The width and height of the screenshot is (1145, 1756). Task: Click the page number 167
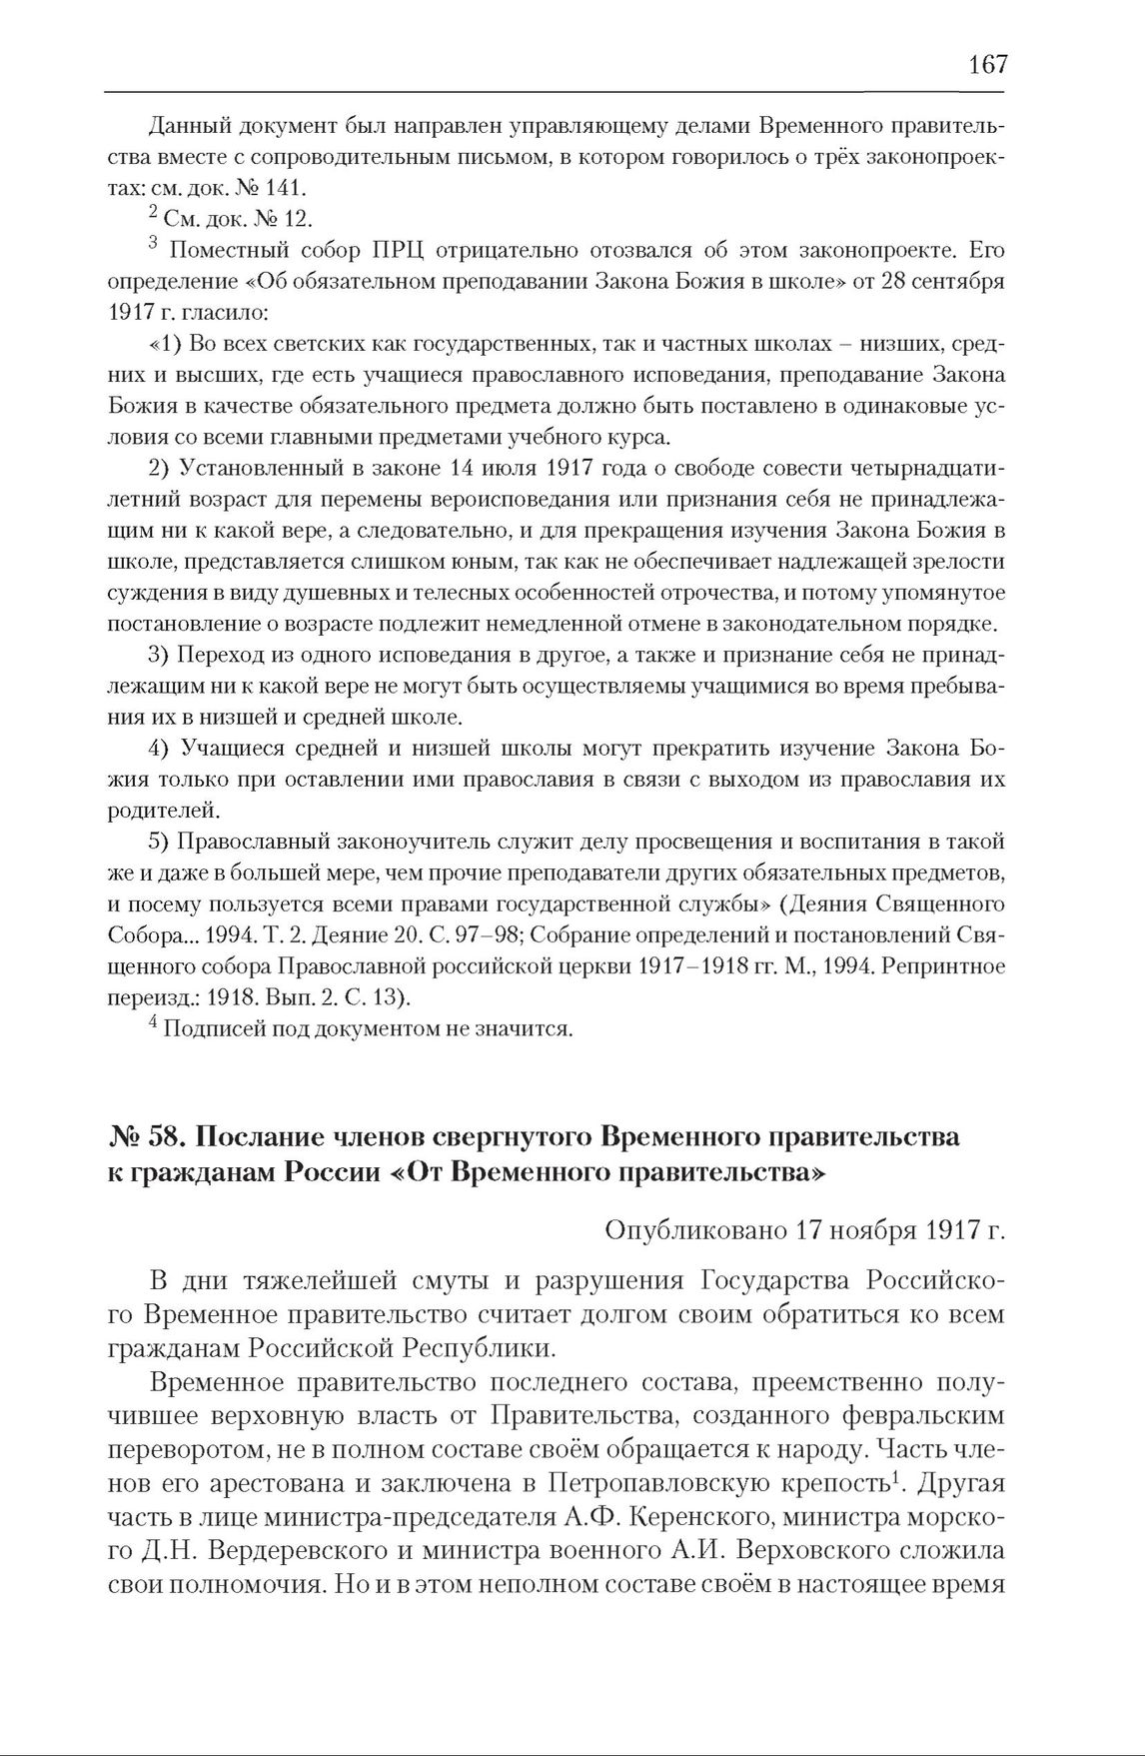987,65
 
